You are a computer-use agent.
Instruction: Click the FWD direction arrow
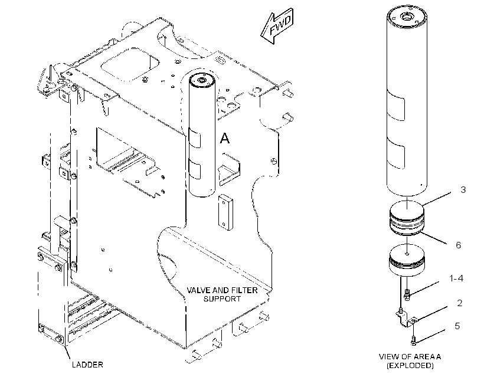(277, 26)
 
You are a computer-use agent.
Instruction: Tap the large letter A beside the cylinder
(225, 138)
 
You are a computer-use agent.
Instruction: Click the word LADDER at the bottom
(87, 365)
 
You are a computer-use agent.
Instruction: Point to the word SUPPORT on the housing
(222, 298)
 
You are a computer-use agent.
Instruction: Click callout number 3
(463, 189)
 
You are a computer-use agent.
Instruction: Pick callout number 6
(459, 245)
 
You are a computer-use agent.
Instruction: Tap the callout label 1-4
(456, 278)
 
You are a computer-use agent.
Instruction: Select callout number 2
(460, 303)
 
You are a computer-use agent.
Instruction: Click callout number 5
(457, 326)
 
